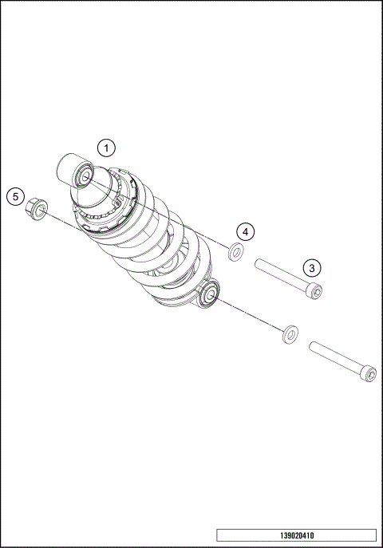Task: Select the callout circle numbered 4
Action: [x=247, y=231]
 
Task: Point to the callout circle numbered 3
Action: [x=312, y=268]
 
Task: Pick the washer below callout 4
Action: [x=235, y=253]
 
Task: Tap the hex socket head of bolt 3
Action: [x=316, y=293]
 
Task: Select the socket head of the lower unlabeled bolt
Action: [x=368, y=373]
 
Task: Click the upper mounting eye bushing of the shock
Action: [x=85, y=175]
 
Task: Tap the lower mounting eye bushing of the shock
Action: [x=211, y=294]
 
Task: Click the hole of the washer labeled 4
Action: [x=235, y=253]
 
